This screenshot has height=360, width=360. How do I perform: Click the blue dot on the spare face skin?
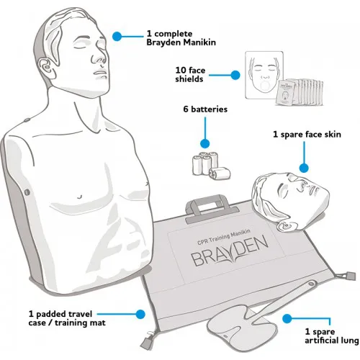point(303,169)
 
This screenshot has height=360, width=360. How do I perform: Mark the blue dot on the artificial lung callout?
point(287,318)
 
